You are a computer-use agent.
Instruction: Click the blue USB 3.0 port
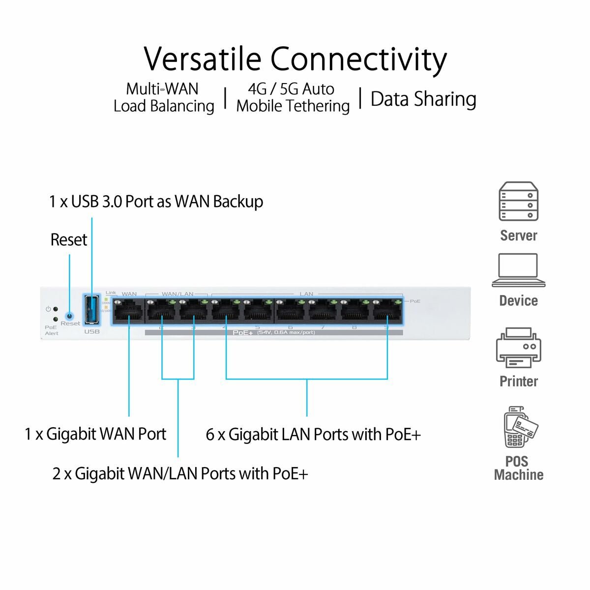(91, 310)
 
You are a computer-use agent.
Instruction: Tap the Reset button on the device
(69, 316)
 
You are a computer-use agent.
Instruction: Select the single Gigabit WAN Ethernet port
(128, 311)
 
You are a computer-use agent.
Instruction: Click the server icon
(518, 202)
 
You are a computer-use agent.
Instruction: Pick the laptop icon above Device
(518, 270)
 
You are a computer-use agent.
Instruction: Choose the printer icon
(518, 348)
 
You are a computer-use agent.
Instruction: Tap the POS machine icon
(519, 427)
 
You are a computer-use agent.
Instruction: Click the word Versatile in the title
(202, 59)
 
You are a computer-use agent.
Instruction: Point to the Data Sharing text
(423, 99)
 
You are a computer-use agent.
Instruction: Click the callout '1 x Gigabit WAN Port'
(96, 434)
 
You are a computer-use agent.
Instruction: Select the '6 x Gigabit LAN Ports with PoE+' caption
(313, 435)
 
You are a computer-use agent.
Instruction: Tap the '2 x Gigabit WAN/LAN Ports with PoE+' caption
(180, 473)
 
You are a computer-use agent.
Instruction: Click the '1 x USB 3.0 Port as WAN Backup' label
(156, 202)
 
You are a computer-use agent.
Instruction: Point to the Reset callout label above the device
(68, 240)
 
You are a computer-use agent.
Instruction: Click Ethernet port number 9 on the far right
(386, 311)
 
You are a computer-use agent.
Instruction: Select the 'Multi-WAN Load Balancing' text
(164, 97)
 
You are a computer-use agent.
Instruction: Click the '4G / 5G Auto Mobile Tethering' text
(293, 97)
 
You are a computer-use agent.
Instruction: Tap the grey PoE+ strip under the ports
(273, 333)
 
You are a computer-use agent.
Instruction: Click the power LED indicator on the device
(56, 309)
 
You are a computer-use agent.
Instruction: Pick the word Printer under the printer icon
(518, 381)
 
